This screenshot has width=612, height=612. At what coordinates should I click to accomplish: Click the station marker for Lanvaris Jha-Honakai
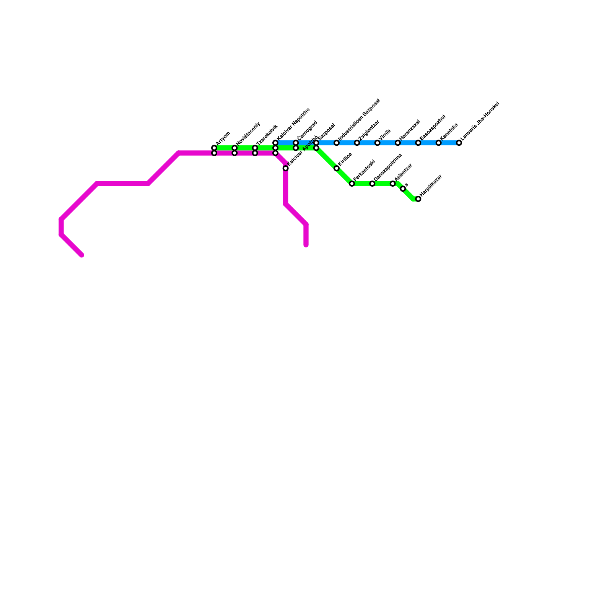[x=459, y=143]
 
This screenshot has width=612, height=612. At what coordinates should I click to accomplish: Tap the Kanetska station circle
[x=439, y=143]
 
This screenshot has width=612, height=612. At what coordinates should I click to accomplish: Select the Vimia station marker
[x=378, y=143]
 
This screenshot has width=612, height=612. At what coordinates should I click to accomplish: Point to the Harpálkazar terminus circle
[x=418, y=199]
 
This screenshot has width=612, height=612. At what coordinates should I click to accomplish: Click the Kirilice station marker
[x=337, y=168]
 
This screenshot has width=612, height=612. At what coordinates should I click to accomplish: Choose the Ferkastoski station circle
[x=352, y=184]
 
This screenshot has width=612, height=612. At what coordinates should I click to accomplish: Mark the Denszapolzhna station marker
[x=372, y=184]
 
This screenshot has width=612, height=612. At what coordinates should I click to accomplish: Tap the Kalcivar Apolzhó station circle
[x=286, y=168]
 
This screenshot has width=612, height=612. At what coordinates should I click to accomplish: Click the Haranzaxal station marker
[x=398, y=143]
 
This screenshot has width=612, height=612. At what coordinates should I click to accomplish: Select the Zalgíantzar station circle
[x=357, y=143]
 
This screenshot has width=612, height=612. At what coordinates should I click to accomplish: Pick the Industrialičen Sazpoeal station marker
[x=337, y=143]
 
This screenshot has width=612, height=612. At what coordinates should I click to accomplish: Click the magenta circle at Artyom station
[x=214, y=153]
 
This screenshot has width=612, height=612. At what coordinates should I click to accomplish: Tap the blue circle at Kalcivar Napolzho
[x=275, y=143]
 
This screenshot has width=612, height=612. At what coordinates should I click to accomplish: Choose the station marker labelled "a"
[x=403, y=189]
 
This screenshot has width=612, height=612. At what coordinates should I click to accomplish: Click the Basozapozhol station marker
[x=418, y=143]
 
